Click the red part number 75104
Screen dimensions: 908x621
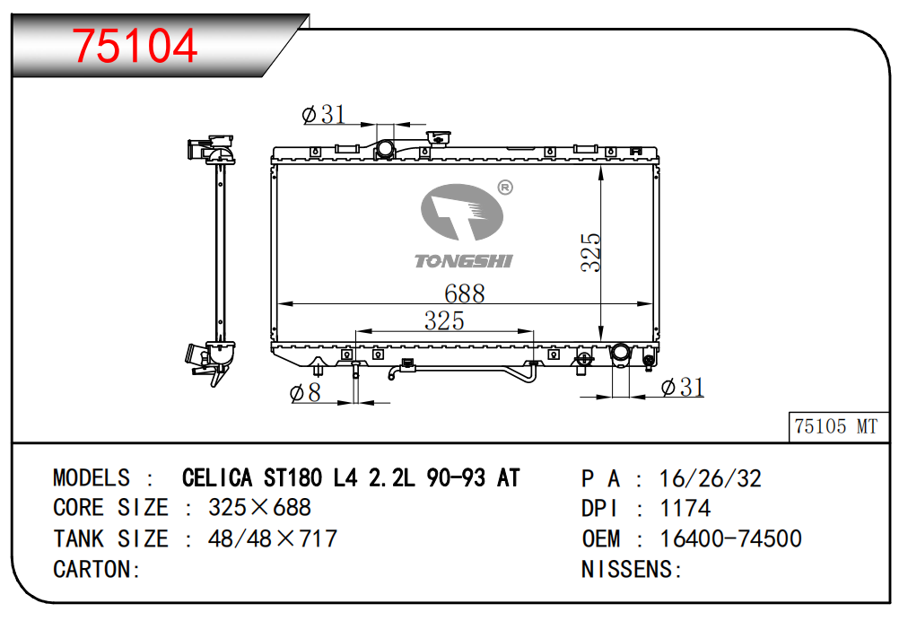coord(135,46)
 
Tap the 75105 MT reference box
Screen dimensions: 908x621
coord(839,427)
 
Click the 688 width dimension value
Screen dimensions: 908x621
coord(465,293)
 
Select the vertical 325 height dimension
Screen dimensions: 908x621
coord(591,252)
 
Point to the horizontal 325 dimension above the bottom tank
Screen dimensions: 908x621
coord(444,320)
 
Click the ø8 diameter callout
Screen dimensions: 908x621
coord(305,393)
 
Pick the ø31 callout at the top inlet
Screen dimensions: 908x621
coord(324,114)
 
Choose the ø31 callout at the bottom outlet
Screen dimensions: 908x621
coord(683,387)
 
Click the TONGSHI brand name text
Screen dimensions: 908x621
coord(463,261)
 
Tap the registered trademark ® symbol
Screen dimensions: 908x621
coord(505,188)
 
